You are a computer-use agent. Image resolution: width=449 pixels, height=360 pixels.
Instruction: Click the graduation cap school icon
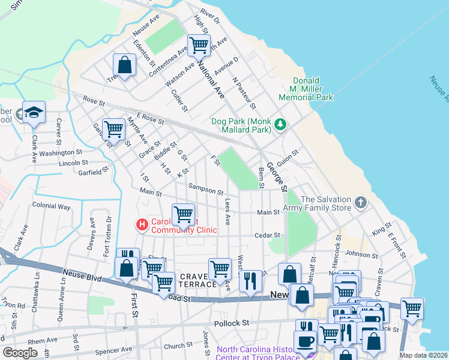click(x=34, y=112)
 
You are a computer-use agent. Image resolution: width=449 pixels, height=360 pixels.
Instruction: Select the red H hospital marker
click(x=142, y=225)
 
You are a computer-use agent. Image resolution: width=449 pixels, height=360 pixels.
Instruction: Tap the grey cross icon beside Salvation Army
click(x=360, y=202)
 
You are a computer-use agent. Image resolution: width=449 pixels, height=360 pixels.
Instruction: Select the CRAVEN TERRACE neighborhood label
click(x=197, y=279)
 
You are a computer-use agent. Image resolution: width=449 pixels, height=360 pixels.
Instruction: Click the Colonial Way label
click(x=51, y=206)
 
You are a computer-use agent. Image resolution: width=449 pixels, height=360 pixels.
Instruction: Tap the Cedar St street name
click(x=267, y=235)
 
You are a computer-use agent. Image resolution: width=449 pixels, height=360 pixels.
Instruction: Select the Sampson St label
click(x=206, y=189)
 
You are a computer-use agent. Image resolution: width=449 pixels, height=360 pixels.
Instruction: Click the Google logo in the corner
click(x=20, y=353)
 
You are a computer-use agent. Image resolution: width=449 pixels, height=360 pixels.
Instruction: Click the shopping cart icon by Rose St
click(x=113, y=128)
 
